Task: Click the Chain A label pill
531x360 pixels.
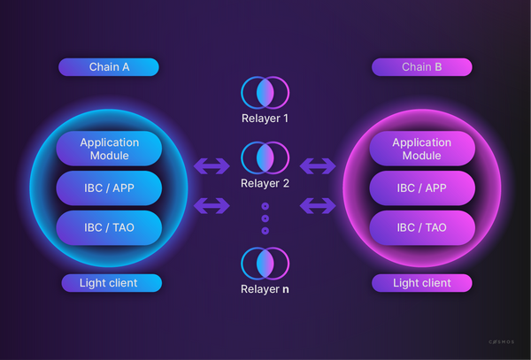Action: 109,67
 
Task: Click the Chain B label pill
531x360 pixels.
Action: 421,67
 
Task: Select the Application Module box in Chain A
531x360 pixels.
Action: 109,149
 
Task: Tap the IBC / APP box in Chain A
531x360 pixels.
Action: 109,188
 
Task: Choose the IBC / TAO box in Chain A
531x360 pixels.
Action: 109,227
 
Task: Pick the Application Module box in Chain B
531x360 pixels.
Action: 421,149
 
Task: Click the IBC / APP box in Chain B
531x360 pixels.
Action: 421,188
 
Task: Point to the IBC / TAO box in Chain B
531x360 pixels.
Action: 421,227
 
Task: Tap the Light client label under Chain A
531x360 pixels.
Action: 112,283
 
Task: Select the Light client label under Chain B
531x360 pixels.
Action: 421,283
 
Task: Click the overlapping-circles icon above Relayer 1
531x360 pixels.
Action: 265,93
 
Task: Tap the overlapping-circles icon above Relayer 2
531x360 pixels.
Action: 265,158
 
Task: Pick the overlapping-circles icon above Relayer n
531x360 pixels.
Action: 265,264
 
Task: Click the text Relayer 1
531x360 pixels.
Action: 265,118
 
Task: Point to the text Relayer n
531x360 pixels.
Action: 265,289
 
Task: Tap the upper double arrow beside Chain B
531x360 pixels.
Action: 319,165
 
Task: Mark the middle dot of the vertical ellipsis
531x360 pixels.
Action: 265,218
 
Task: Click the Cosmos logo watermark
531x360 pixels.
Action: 501,341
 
